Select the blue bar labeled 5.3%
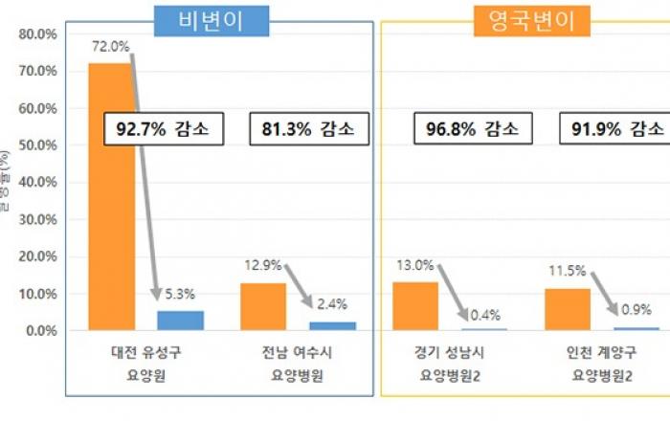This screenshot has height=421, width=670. point(180,321)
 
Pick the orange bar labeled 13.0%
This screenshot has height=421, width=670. point(415,306)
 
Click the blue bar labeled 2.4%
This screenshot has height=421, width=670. point(332,326)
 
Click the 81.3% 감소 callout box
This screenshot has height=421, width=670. point(301,128)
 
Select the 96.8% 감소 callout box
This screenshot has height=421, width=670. point(466,128)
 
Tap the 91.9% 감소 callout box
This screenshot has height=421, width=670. point(616,128)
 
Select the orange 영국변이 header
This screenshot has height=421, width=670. point(525,20)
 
